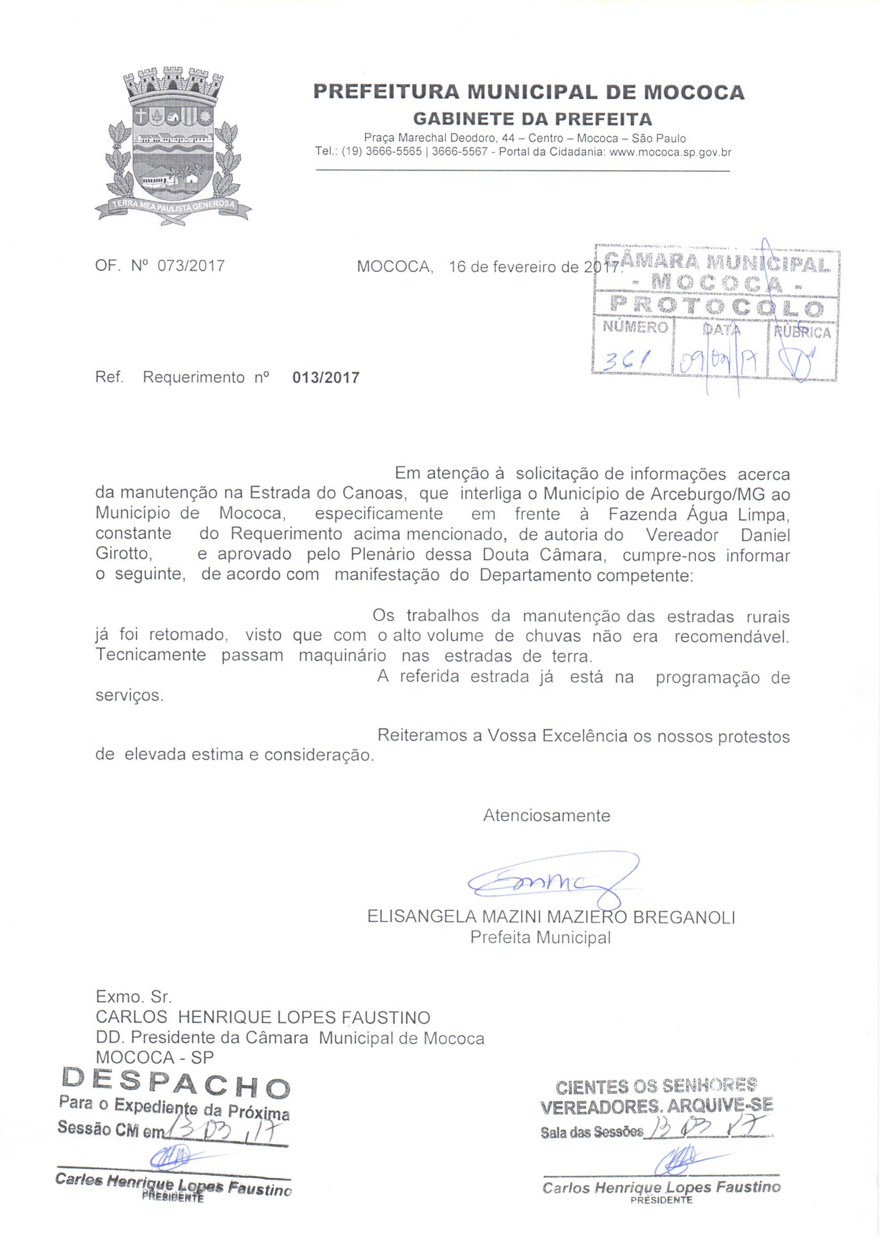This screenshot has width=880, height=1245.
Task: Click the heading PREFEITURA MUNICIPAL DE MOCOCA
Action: click(529, 92)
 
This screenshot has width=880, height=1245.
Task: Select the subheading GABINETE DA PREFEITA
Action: click(532, 118)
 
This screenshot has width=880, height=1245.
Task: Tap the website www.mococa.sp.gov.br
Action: click(671, 153)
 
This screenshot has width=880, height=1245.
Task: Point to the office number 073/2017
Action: click(191, 266)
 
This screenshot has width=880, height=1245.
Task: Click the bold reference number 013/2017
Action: click(326, 378)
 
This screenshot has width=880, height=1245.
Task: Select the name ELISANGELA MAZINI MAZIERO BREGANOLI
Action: click(551, 917)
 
